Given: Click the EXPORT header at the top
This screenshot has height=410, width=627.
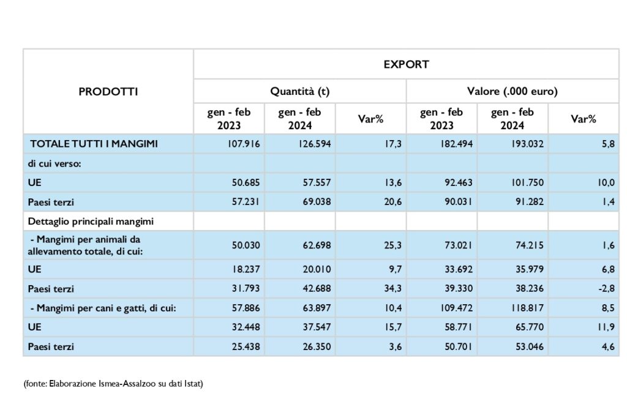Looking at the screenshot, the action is (x=406, y=64).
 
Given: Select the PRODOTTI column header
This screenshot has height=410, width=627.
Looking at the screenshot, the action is (x=108, y=92).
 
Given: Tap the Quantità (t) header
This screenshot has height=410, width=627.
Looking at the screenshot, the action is (x=300, y=92).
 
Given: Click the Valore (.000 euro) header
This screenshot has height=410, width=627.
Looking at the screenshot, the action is (x=512, y=92).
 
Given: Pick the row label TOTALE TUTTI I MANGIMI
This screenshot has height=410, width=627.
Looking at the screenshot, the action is (x=94, y=144).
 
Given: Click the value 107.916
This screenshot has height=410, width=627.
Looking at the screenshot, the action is (x=244, y=144).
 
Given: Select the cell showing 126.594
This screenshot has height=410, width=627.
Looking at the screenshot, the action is (x=315, y=144).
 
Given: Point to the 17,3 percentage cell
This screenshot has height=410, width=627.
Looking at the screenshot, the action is (x=393, y=144).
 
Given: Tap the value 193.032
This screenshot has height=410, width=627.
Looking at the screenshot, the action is (x=527, y=144).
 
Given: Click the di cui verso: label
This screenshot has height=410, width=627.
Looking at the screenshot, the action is (x=54, y=163).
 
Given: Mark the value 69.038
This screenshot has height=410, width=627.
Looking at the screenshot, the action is (x=317, y=202).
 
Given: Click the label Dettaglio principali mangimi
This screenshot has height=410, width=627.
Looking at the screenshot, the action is (x=91, y=222).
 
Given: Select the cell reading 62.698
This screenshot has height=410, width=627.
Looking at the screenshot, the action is (x=317, y=245).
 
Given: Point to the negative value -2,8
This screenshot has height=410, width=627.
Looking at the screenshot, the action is (x=607, y=288).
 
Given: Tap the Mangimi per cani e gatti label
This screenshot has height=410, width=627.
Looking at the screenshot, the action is (x=103, y=308).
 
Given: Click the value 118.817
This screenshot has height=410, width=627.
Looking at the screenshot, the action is (x=527, y=308).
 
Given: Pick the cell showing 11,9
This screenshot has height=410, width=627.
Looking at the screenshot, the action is (x=606, y=327).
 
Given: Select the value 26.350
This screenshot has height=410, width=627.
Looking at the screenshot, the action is (x=317, y=346).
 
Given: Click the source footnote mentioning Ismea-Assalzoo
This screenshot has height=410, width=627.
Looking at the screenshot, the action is (x=113, y=384).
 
